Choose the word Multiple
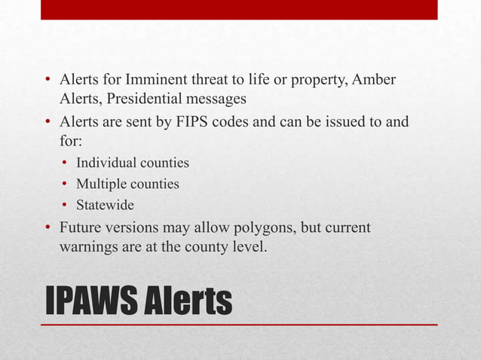[x=102, y=184]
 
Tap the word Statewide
[x=105, y=205]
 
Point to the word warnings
[x=87, y=246]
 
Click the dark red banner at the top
[x=239, y=9]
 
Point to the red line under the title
[x=239, y=325]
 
